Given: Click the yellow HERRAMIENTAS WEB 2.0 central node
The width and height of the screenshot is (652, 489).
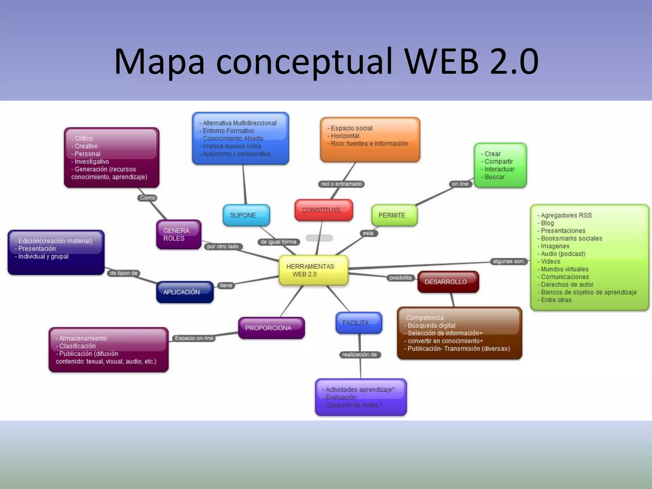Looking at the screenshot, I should click(313, 270).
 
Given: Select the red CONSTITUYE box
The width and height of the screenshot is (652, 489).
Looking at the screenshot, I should click(323, 210).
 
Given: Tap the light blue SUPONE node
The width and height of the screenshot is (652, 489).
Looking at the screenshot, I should click(246, 215).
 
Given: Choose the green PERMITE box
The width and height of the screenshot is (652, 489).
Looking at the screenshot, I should click(394, 215).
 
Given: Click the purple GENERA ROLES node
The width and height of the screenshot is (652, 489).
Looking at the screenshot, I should click(179, 234).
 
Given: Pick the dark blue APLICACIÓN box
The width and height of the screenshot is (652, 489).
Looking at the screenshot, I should click(185, 292).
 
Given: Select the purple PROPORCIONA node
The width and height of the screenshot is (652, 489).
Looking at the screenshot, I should click(271, 328).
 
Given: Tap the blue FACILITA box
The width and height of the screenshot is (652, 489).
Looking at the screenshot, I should click(358, 323).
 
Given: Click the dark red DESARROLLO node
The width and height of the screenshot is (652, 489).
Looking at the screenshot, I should click(448, 282).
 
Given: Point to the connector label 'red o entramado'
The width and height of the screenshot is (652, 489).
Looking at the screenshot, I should click(341, 184).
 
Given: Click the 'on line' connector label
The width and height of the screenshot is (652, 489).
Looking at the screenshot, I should click(460, 184).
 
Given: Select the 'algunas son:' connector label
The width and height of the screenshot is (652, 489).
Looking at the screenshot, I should click(508, 261).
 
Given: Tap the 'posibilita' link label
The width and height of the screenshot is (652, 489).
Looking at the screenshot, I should click(400, 278).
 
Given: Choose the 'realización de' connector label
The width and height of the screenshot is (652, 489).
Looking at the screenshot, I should click(359, 355).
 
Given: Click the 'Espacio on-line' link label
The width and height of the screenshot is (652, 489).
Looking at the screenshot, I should click(194, 338).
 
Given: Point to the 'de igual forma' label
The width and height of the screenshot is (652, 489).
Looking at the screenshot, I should click(278, 242).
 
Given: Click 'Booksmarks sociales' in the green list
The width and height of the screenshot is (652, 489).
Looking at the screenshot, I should click(571, 238).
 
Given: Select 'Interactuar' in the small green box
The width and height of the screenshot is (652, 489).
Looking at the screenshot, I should click(499, 169).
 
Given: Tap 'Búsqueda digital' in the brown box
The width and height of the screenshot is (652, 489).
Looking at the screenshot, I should click(431, 325).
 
